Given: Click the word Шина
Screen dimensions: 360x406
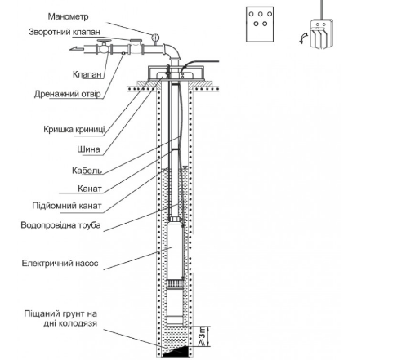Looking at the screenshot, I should (87, 150).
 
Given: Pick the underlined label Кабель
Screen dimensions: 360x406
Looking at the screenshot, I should (86, 171).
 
